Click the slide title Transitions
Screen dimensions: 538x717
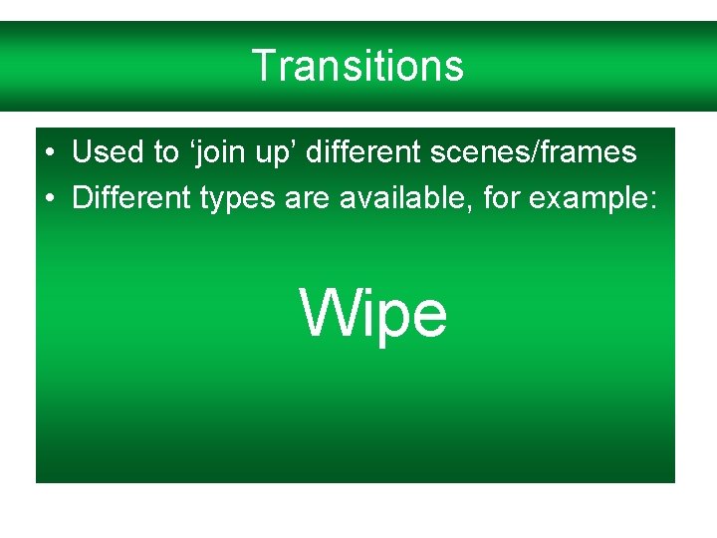[358, 66]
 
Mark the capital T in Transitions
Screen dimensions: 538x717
[263, 66]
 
